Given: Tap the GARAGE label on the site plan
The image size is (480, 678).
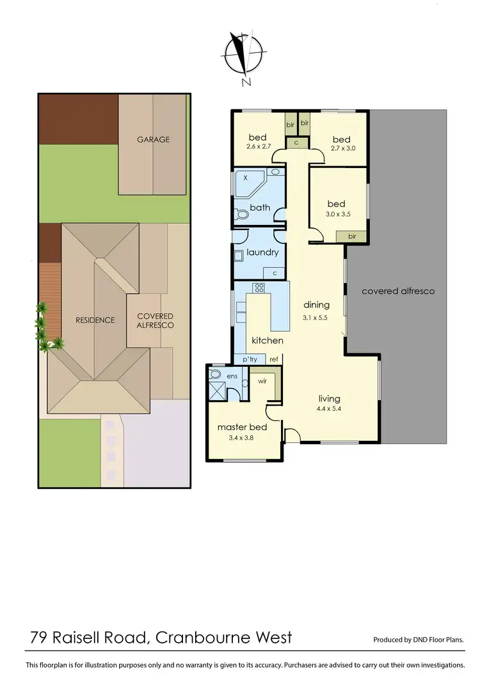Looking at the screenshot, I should click(x=154, y=139).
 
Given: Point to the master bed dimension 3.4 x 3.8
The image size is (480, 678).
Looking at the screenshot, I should click(x=241, y=438).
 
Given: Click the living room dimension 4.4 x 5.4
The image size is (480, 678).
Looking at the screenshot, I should click(x=329, y=409).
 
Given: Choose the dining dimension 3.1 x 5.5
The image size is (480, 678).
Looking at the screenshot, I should click(x=316, y=317).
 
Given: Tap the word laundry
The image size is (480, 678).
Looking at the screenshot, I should click(x=262, y=252).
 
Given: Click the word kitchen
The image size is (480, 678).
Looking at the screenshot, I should click(x=267, y=341).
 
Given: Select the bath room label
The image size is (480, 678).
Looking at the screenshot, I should click(x=260, y=208).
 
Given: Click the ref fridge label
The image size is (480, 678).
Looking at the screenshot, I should click(x=274, y=359).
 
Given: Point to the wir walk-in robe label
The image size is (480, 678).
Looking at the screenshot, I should click(x=261, y=381).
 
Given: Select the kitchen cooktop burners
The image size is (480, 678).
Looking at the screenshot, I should click(x=259, y=288).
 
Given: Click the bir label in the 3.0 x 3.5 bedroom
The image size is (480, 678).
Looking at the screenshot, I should click(x=351, y=236).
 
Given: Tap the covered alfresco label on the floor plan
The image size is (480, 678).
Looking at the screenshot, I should click(x=397, y=291).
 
